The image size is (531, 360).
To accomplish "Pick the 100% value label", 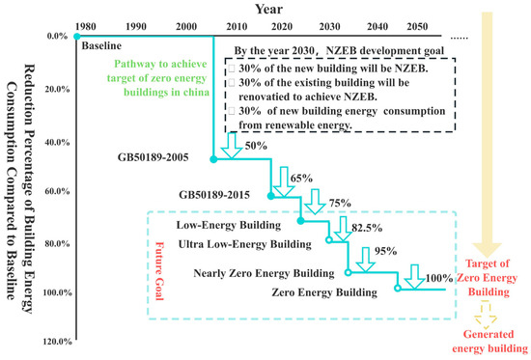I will pyautogui.click(x=438, y=280).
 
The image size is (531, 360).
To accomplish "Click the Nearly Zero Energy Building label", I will pyautogui.click(x=268, y=273).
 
